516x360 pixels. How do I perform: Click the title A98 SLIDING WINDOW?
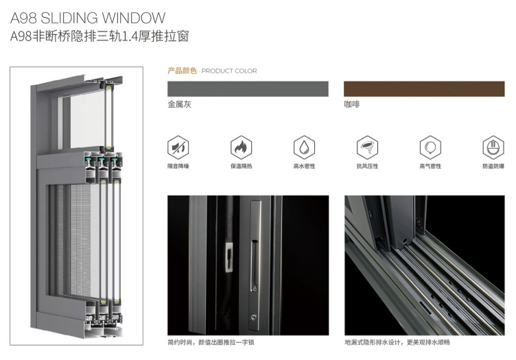pyautogui.click(x=88, y=18)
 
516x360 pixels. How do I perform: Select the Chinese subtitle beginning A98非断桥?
pyautogui.click(x=99, y=36)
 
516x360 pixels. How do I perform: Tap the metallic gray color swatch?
pyautogui.click(x=248, y=88)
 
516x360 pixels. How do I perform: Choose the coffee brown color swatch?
pyautogui.click(x=424, y=88)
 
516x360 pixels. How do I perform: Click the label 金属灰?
pyautogui.click(x=179, y=104)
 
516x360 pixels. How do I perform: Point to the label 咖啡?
pyautogui.click(x=352, y=104)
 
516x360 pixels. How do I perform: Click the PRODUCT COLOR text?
pyautogui.click(x=229, y=71)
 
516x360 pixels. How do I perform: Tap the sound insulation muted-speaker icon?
pyautogui.click(x=178, y=147)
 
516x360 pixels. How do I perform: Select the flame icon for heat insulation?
pyautogui.click(x=242, y=147)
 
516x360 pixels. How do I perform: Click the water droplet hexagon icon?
pyautogui.click(x=305, y=147)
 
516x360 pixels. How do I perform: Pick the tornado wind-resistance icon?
pyautogui.click(x=367, y=147)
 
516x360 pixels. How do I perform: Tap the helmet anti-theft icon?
pyautogui.click(x=493, y=147)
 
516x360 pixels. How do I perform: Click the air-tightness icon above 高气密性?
pyautogui.click(x=430, y=147)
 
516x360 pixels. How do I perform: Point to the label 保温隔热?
pyautogui.click(x=242, y=167)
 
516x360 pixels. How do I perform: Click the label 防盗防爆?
pyautogui.click(x=493, y=167)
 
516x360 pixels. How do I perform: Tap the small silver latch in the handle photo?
pyautogui.click(x=228, y=257)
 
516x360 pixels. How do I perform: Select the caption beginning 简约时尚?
pyautogui.click(x=211, y=343)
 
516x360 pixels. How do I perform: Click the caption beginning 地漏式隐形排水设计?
pyautogui.click(x=397, y=343)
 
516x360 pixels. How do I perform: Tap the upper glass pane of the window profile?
pyautogui.click(x=87, y=120)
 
